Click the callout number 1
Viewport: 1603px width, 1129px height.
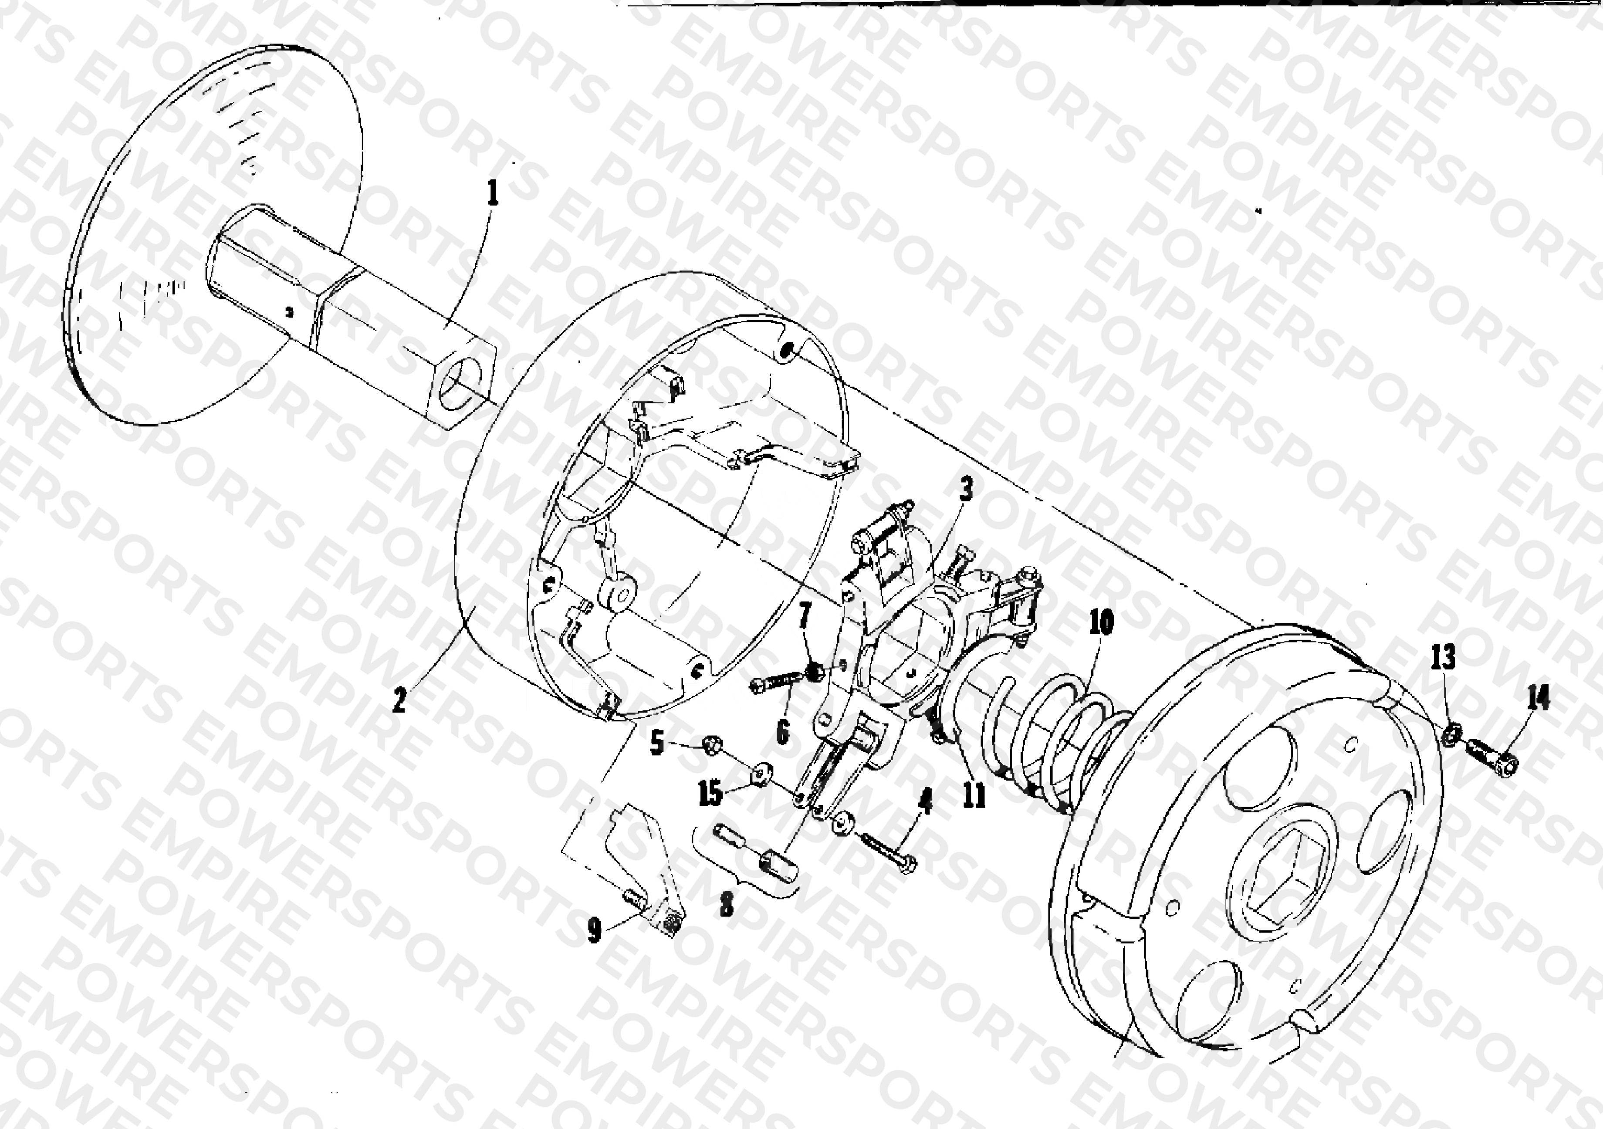(x=494, y=193)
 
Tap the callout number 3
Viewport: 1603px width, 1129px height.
(x=966, y=490)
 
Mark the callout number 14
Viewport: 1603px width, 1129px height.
(x=1538, y=697)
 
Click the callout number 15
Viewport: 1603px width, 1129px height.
(x=711, y=793)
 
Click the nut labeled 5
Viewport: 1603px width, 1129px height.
(x=711, y=745)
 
